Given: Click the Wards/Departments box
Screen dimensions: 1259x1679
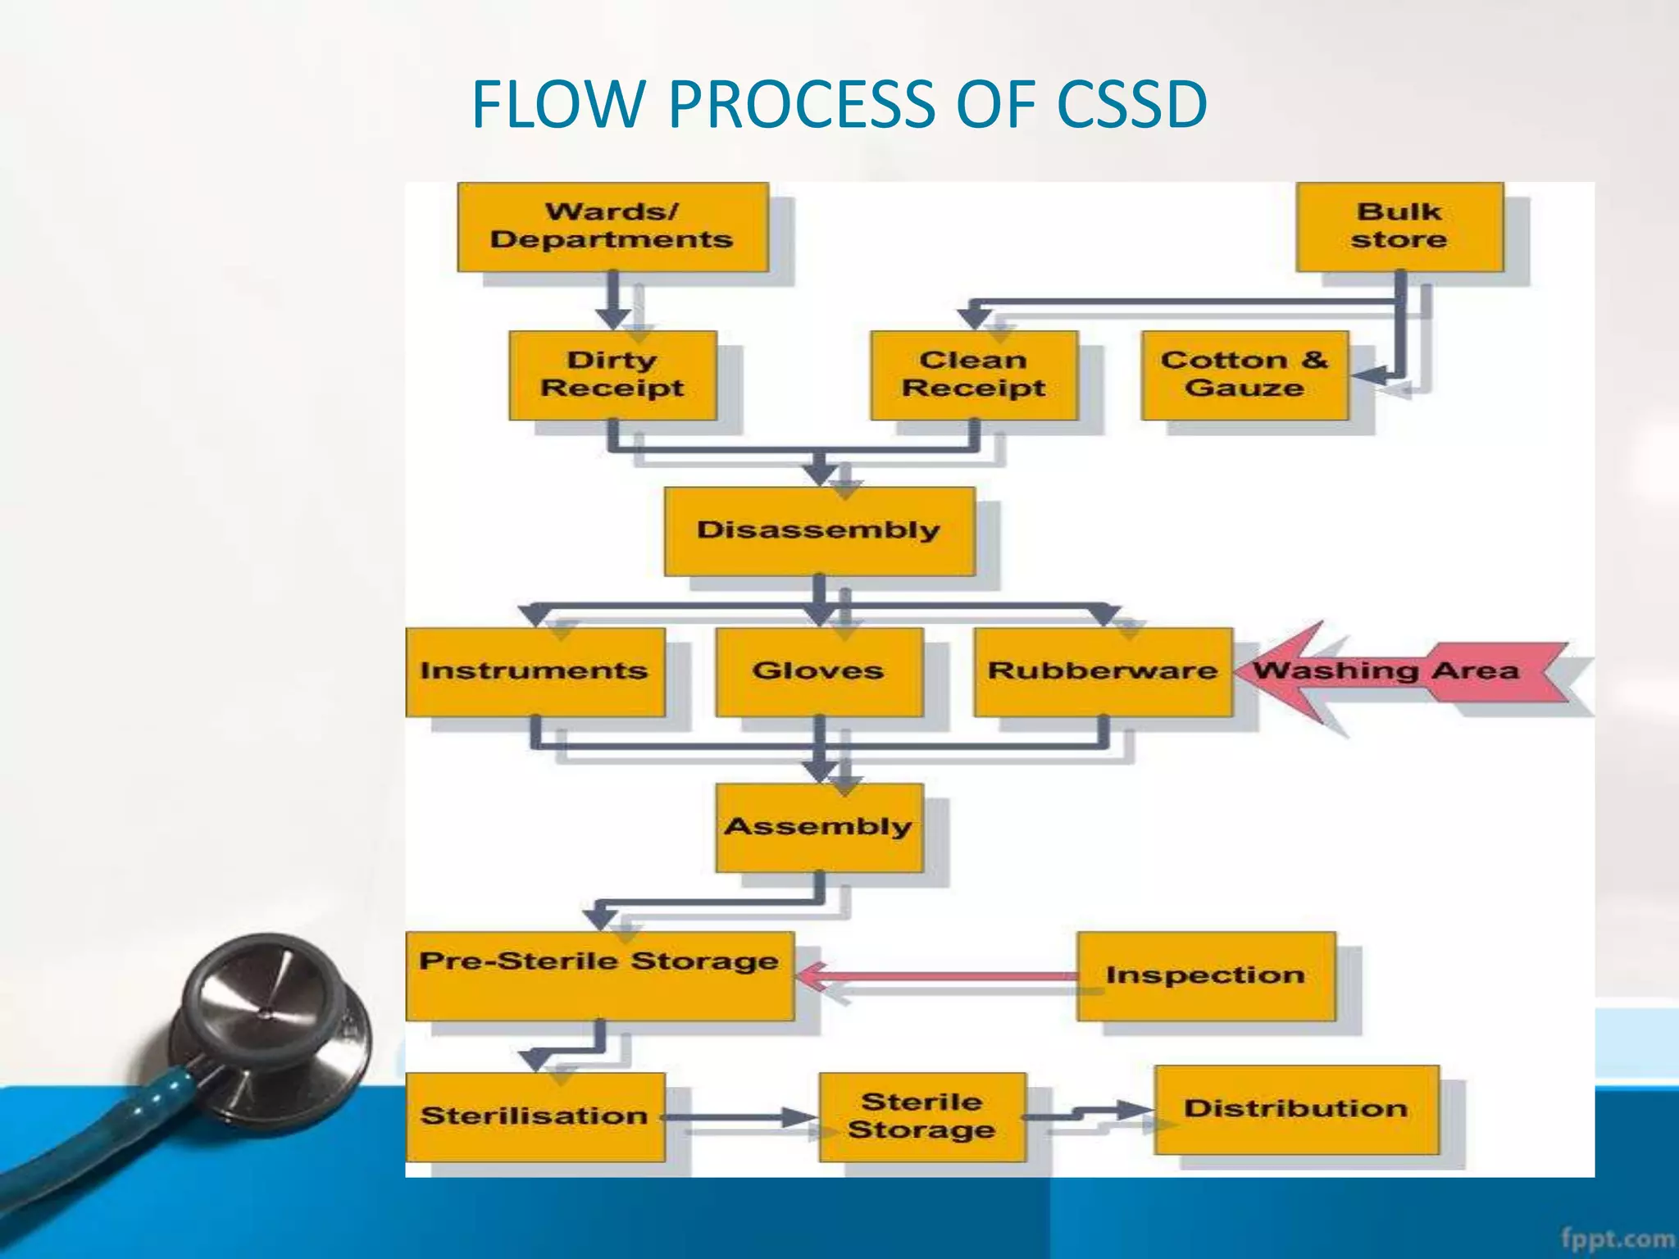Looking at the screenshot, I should pyautogui.click(x=612, y=227).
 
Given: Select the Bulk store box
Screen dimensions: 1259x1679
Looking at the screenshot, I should pyautogui.click(x=1399, y=227).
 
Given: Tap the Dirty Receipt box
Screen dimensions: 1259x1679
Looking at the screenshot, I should pyautogui.click(x=612, y=375).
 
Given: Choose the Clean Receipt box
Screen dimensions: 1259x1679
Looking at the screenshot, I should pyautogui.click(x=974, y=375).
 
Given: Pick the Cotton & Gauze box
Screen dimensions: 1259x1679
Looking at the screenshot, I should pyautogui.click(x=1244, y=375).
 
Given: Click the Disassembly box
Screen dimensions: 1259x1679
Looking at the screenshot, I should pyautogui.click(x=819, y=530).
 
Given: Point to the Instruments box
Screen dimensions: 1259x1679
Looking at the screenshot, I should pyautogui.click(x=535, y=671).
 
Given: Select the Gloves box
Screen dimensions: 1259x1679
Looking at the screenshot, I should pyautogui.click(x=819, y=671).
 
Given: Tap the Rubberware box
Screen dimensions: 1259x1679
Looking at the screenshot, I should pyautogui.click(x=1103, y=671).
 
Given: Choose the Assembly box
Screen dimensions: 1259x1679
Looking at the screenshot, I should pyautogui.click(x=819, y=827).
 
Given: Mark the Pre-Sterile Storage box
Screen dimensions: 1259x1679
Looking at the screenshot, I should pyautogui.click(x=599, y=975).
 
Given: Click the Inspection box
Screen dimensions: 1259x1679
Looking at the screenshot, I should pyautogui.click(x=1205, y=975).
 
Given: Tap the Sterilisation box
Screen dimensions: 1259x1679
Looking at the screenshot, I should pyautogui.click(x=535, y=1116).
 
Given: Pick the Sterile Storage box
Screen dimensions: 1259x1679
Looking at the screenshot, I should pyautogui.click(x=921, y=1116).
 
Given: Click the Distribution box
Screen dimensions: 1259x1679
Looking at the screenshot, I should pyautogui.click(x=1296, y=1109).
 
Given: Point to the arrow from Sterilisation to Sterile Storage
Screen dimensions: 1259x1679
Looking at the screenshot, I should pyautogui.click(x=738, y=1116).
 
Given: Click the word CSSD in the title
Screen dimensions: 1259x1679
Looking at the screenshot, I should pyautogui.click(x=1131, y=105).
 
